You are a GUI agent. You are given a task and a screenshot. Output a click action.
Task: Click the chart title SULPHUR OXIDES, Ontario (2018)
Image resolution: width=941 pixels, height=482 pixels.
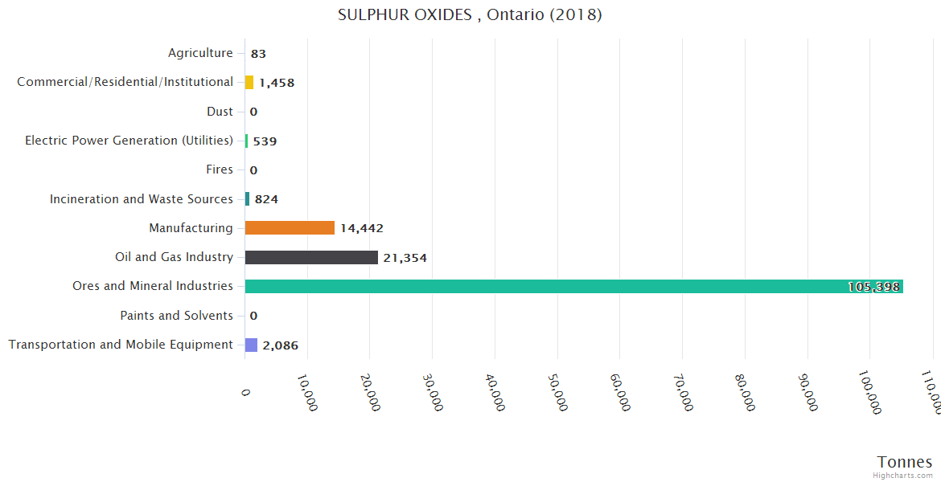click(x=470, y=15)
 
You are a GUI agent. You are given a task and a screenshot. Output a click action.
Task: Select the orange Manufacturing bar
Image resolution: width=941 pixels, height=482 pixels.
click(x=290, y=228)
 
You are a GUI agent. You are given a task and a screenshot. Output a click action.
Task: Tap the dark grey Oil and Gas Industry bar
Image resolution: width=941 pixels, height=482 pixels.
click(x=311, y=257)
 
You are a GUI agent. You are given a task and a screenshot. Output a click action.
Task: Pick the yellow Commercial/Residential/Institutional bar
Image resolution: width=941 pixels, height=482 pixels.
click(x=249, y=82)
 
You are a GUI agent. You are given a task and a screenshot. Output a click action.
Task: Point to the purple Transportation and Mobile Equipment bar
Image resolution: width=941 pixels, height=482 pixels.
click(x=251, y=345)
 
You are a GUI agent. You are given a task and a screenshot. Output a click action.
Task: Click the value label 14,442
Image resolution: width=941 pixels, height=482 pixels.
click(x=362, y=228)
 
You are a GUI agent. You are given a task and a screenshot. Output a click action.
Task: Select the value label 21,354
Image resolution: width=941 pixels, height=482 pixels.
click(x=405, y=258)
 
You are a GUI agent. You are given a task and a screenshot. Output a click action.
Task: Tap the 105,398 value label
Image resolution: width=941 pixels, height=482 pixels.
click(x=873, y=287)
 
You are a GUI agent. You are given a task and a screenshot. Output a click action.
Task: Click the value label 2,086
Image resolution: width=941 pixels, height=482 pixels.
click(x=280, y=345)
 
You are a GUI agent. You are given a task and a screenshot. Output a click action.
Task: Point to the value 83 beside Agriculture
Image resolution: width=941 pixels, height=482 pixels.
click(x=258, y=54)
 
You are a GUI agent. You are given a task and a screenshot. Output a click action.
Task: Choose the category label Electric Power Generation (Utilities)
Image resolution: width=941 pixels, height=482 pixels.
click(x=129, y=141)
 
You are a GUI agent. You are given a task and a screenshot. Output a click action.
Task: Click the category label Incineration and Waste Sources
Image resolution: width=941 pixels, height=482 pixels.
click(x=142, y=198)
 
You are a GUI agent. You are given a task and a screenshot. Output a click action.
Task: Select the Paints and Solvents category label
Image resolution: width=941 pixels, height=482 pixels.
click(x=176, y=316)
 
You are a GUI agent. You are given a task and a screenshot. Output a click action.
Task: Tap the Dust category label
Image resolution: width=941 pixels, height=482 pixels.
click(x=220, y=112)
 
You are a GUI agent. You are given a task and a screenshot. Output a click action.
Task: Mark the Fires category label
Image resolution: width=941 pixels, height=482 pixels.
click(x=220, y=170)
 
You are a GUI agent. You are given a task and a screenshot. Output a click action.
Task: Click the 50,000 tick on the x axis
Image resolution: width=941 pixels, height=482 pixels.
click(x=558, y=392)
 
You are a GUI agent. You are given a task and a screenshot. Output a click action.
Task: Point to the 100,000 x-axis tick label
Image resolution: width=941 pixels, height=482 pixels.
click(x=869, y=393)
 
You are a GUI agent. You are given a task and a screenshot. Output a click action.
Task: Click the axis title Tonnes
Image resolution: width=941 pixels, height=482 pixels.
click(x=905, y=461)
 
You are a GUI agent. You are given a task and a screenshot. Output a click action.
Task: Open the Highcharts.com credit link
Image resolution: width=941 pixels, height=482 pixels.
click(x=903, y=476)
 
